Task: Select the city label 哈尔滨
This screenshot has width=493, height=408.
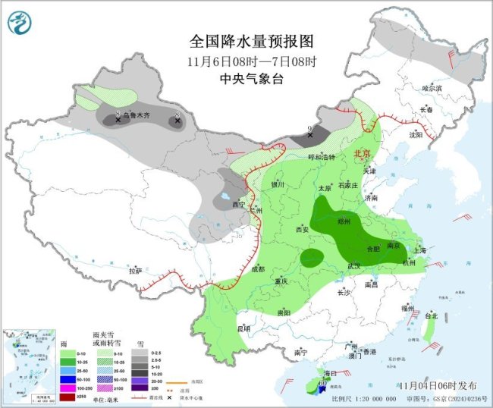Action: coord(432,88)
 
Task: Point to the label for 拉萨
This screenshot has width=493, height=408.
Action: coord(135,270)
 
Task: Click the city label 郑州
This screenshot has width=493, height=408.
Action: coord(344,221)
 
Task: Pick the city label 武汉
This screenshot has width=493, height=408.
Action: coord(353,265)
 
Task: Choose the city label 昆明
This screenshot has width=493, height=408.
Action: coord(243,328)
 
